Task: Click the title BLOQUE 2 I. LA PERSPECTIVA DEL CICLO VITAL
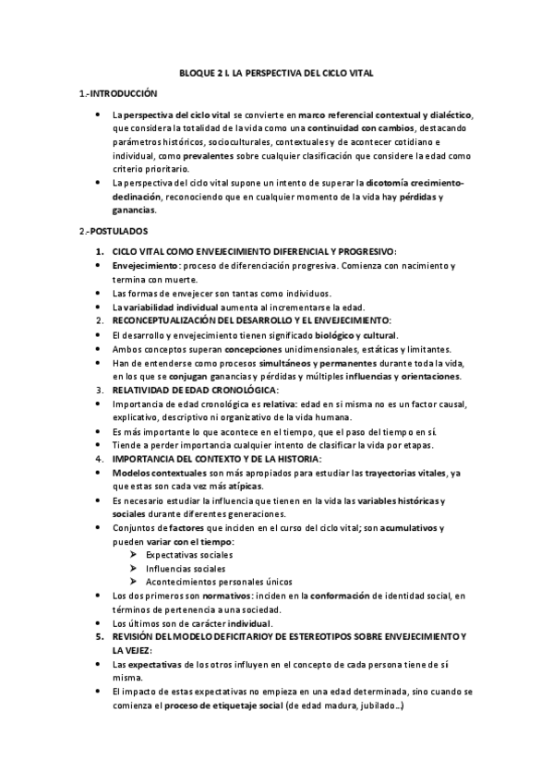[276, 72]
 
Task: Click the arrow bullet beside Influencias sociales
[135, 568]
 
